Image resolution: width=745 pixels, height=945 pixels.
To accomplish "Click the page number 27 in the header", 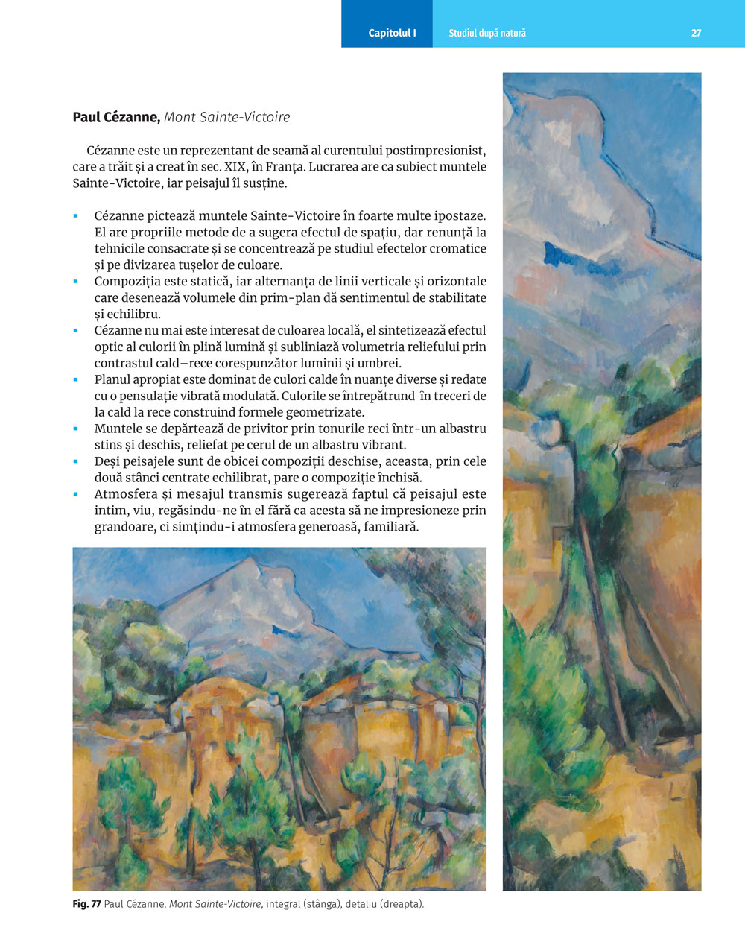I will coord(696,33).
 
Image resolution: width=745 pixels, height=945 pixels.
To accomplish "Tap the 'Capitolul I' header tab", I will coord(392,33).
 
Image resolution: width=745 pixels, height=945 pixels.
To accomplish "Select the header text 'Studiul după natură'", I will coord(487,33).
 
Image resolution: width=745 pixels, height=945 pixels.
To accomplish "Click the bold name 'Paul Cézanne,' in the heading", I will coord(116,117).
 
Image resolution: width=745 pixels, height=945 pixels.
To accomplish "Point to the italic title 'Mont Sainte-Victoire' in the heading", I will coord(226,117).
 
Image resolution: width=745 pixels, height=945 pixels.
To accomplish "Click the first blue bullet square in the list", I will coord(76,216).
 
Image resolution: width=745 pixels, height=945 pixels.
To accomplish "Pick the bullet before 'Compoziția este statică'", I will coord(76,282).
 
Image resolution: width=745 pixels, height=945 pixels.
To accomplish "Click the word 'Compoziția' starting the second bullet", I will coord(124,282).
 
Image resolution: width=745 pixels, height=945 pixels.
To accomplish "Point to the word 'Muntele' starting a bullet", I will coord(116,429).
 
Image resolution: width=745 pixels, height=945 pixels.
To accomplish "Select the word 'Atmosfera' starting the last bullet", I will coord(123,494).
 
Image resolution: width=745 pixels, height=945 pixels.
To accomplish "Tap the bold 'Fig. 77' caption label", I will coord(86,904).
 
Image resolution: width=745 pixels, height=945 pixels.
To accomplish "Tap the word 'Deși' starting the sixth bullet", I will coord(108,461).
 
